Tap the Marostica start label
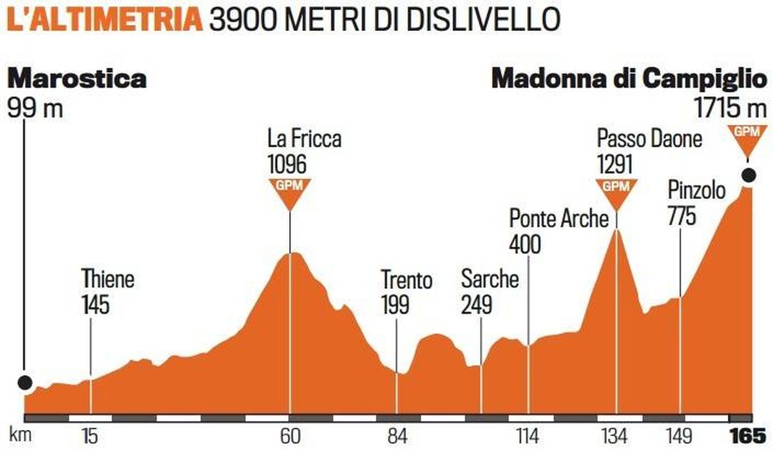click(x=77, y=79)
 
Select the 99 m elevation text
click(x=35, y=106)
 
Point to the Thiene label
click(x=108, y=281)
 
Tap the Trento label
click(x=406, y=281)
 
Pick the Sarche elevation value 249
click(x=477, y=304)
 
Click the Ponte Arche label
click(x=558, y=219)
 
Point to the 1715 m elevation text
click(x=732, y=106)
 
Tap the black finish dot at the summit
click(x=749, y=174)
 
